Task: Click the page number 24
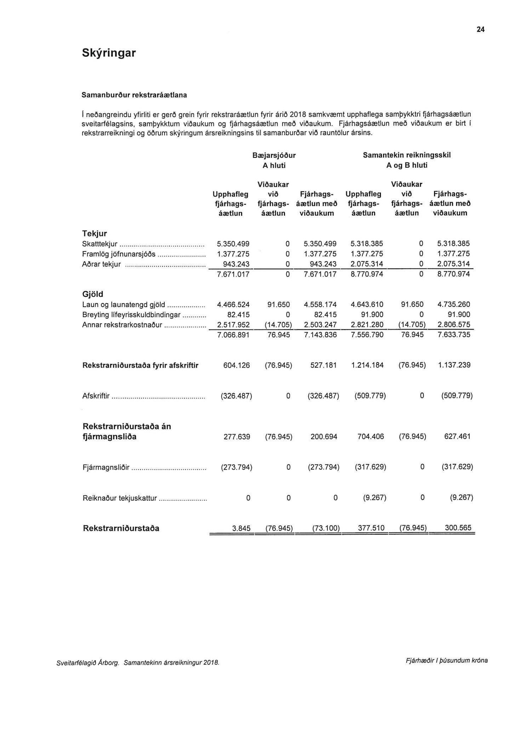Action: coord(480,30)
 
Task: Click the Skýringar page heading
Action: coord(109,53)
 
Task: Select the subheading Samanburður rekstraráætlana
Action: coord(134,95)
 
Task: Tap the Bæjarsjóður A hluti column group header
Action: coord(274,160)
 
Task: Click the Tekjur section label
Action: coord(94,234)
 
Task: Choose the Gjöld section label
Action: coord(92,294)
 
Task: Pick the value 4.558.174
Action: coord(320,304)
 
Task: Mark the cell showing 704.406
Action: coord(371,437)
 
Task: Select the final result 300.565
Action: coord(458,528)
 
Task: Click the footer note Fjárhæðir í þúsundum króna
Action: coord(446,660)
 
